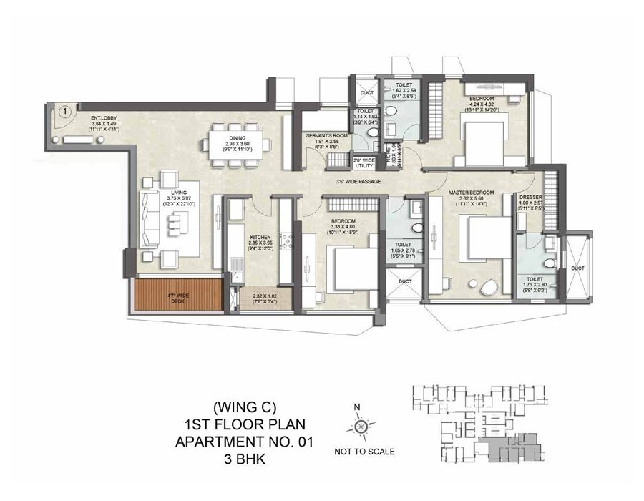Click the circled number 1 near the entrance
point(64,112)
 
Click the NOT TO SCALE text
point(364,452)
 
